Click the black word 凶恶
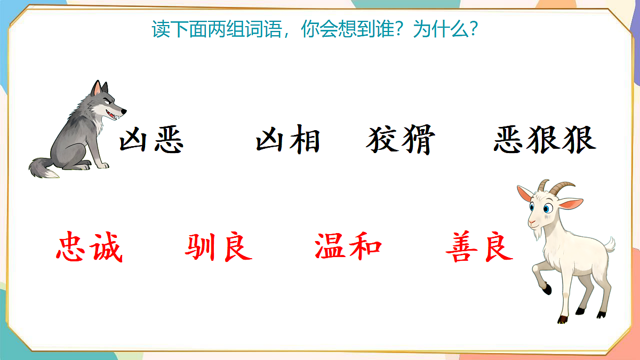(151, 140)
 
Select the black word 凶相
(288, 140)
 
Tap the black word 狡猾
(401, 140)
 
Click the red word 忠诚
(90, 247)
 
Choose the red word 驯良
(219, 247)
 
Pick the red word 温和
(348, 247)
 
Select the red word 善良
(479, 247)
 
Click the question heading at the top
(314, 29)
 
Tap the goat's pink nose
(532, 221)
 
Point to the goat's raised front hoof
(547, 290)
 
